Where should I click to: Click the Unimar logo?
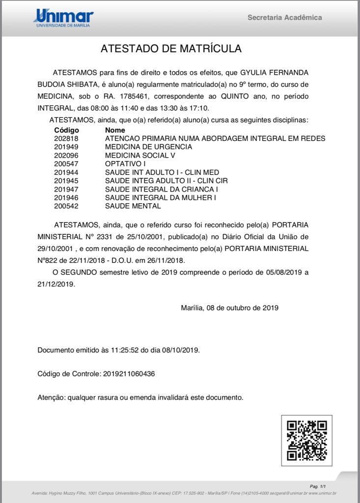(63, 18)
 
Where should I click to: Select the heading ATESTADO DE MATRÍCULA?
(171, 49)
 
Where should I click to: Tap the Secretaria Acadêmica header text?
(284, 18)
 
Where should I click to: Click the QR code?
(306, 441)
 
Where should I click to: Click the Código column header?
(66, 130)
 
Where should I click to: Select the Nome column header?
(115, 130)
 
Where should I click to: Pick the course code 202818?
(66, 139)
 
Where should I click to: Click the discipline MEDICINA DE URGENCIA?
(148, 147)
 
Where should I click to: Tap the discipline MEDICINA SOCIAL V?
(140, 155)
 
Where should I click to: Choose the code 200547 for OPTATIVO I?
(66, 164)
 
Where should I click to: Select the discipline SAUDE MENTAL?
(133, 206)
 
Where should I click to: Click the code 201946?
(66, 197)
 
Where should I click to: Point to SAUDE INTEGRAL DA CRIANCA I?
(162, 189)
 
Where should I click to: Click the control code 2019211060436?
(129, 374)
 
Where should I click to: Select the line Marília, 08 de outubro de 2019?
(229, 308)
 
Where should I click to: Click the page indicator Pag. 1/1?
(319, 486)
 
